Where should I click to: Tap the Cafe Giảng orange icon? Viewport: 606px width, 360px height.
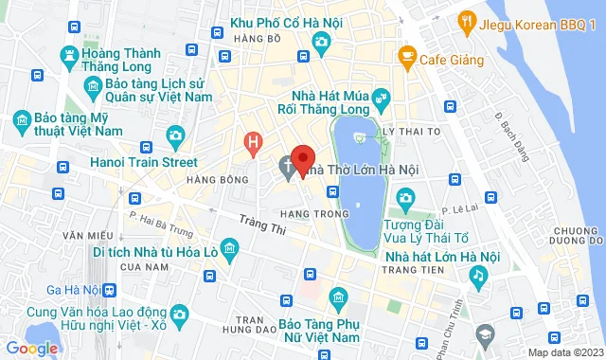tap(407, 59)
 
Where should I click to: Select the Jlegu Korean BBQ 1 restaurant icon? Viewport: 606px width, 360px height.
tap(466, 21)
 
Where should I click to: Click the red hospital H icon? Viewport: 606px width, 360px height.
tap(252, 144)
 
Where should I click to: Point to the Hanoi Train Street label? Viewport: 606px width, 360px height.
tap(143, 162)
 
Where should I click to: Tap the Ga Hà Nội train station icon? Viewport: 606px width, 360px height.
tap(112, 290)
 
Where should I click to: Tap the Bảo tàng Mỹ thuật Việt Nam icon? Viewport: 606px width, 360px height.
tap(21, 120)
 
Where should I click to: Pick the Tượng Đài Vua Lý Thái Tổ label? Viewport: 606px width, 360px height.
tap(426, 228)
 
